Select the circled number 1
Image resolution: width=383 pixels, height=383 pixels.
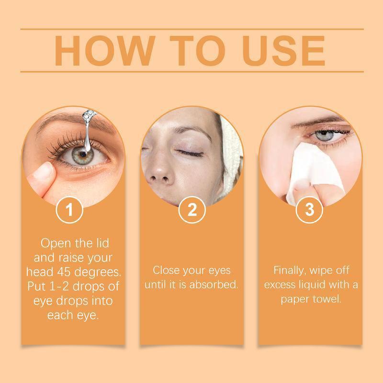click(x=70, y=211)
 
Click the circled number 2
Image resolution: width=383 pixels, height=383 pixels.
click(x=191, y=211)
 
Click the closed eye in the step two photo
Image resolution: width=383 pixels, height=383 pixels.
click(x=191, y=153)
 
